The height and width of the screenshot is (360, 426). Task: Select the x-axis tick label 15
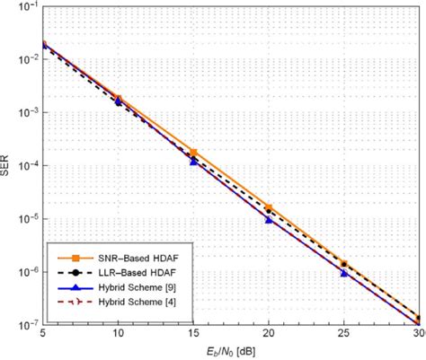194,333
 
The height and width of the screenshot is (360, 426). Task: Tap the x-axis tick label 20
269,333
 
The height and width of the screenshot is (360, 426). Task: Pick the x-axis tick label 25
344,333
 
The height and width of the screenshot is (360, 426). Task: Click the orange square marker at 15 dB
194,153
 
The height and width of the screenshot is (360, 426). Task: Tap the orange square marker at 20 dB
269,207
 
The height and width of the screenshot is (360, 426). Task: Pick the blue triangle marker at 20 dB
269,218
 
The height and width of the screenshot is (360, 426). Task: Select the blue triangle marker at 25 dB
344,272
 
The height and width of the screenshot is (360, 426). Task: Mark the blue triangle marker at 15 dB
194,162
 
